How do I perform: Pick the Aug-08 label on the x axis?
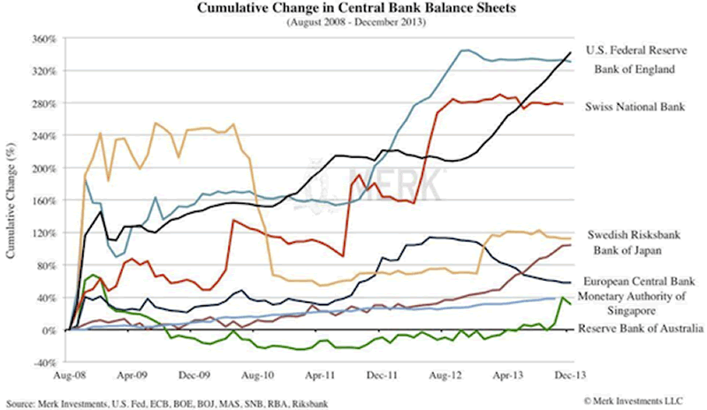(69, 375)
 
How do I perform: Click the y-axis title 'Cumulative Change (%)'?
(11, 201)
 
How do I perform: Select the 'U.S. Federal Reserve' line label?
(636, 49)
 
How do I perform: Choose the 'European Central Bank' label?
(637, 279)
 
